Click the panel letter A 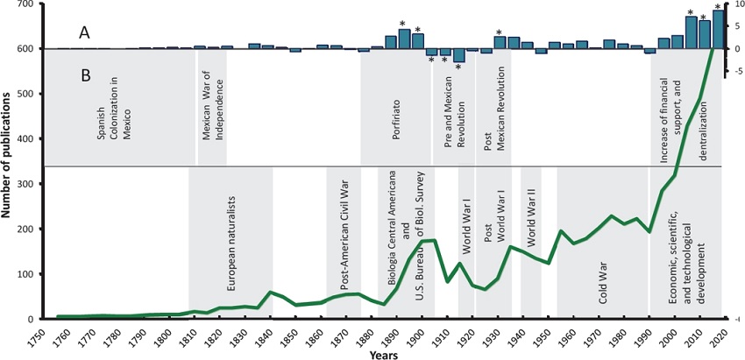[84, 32]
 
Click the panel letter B [84, 75]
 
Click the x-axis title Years [380, 354]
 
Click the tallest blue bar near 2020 [718, 29]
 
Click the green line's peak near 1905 [432, 239]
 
